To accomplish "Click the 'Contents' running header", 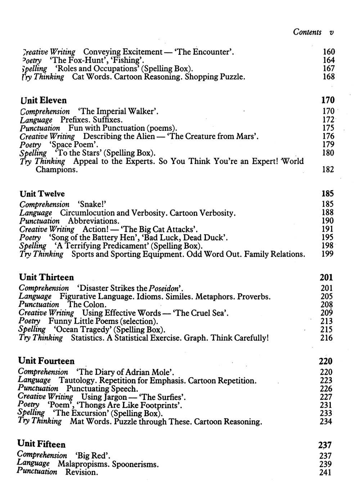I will click(307, 32).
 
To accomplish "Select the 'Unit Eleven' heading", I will click(44, 100).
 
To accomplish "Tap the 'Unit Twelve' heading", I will click(42, 194).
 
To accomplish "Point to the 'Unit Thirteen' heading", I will click(46, 277).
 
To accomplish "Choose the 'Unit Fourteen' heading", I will click(46, 361).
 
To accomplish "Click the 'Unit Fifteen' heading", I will click(41, 444).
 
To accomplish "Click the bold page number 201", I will click(326, 277).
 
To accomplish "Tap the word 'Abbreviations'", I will click(94, 221).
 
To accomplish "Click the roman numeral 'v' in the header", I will click(331, 32).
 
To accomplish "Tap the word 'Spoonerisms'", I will click(135, 464).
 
